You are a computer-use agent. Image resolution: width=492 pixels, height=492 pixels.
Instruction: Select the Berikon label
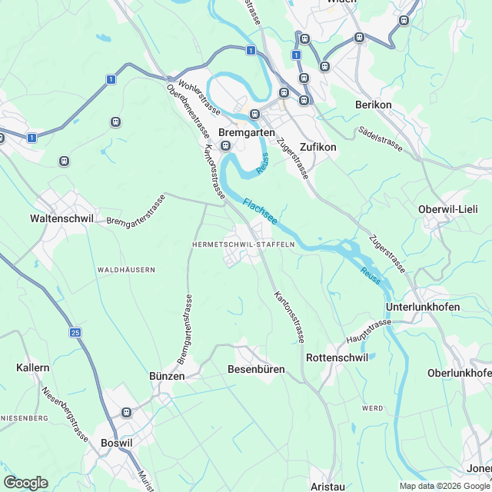pyautogui.click(x=374, y=105)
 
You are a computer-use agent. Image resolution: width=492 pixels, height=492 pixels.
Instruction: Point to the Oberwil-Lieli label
pyautogui.click(x=448, y=209)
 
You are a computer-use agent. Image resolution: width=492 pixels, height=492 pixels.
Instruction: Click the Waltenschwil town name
pyautogui.click(x=61, y=218)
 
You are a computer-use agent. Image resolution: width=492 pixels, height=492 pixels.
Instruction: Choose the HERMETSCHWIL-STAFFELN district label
pyautogui.click(x=243, y=244)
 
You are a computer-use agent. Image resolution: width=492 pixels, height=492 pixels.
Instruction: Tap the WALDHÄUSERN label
pyautogui.click(x=127, y=270)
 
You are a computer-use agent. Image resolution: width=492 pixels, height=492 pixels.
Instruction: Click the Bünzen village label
pyautogui.click(x=167, y=376)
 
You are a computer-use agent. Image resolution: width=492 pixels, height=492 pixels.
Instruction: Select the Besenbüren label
pyautogui.click(x=257, y=369)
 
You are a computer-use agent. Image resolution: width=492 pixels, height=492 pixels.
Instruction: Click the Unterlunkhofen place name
pyautogui.click(x=422, y=307)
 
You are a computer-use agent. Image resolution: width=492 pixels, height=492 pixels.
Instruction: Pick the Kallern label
pyautogui.click(x=33, y=368)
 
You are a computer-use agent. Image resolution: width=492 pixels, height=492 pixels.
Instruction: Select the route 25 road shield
pyautogui.click(x=75, y=332)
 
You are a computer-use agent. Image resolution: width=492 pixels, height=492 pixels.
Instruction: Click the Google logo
pyautogui.click(x=25, y=482)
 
